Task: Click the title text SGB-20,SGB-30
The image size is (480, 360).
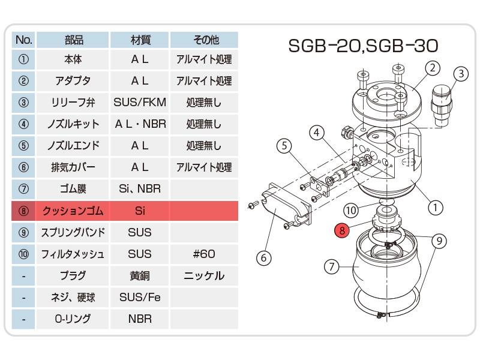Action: tap(363, 46)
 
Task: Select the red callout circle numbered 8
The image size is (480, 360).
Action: tap(342, 230)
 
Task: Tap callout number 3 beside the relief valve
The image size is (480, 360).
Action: tap(461, 74)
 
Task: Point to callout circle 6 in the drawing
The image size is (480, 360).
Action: tap(264, 258)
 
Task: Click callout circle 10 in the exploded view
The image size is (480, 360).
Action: tap(351, 211)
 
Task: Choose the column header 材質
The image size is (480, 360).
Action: tap(140, 40)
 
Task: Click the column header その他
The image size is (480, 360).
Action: tap(204, 40)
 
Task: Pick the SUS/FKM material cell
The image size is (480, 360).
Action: tap(140, 102)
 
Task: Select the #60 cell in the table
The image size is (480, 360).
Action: tap(204, 254)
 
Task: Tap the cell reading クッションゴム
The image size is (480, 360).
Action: tap(73, 211)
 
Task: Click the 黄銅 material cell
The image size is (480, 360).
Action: tap(140, 275)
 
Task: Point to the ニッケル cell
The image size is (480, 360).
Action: tap(204, 275)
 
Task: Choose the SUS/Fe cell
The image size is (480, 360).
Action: tap(140, 297)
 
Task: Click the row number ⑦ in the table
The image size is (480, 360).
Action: tap(23, 189)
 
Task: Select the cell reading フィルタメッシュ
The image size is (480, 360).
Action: tap(73, 254)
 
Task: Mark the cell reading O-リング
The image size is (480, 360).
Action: tap(73, 319)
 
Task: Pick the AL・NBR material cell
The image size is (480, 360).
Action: tap(140, 124)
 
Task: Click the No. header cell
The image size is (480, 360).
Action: tap(23, 40)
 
